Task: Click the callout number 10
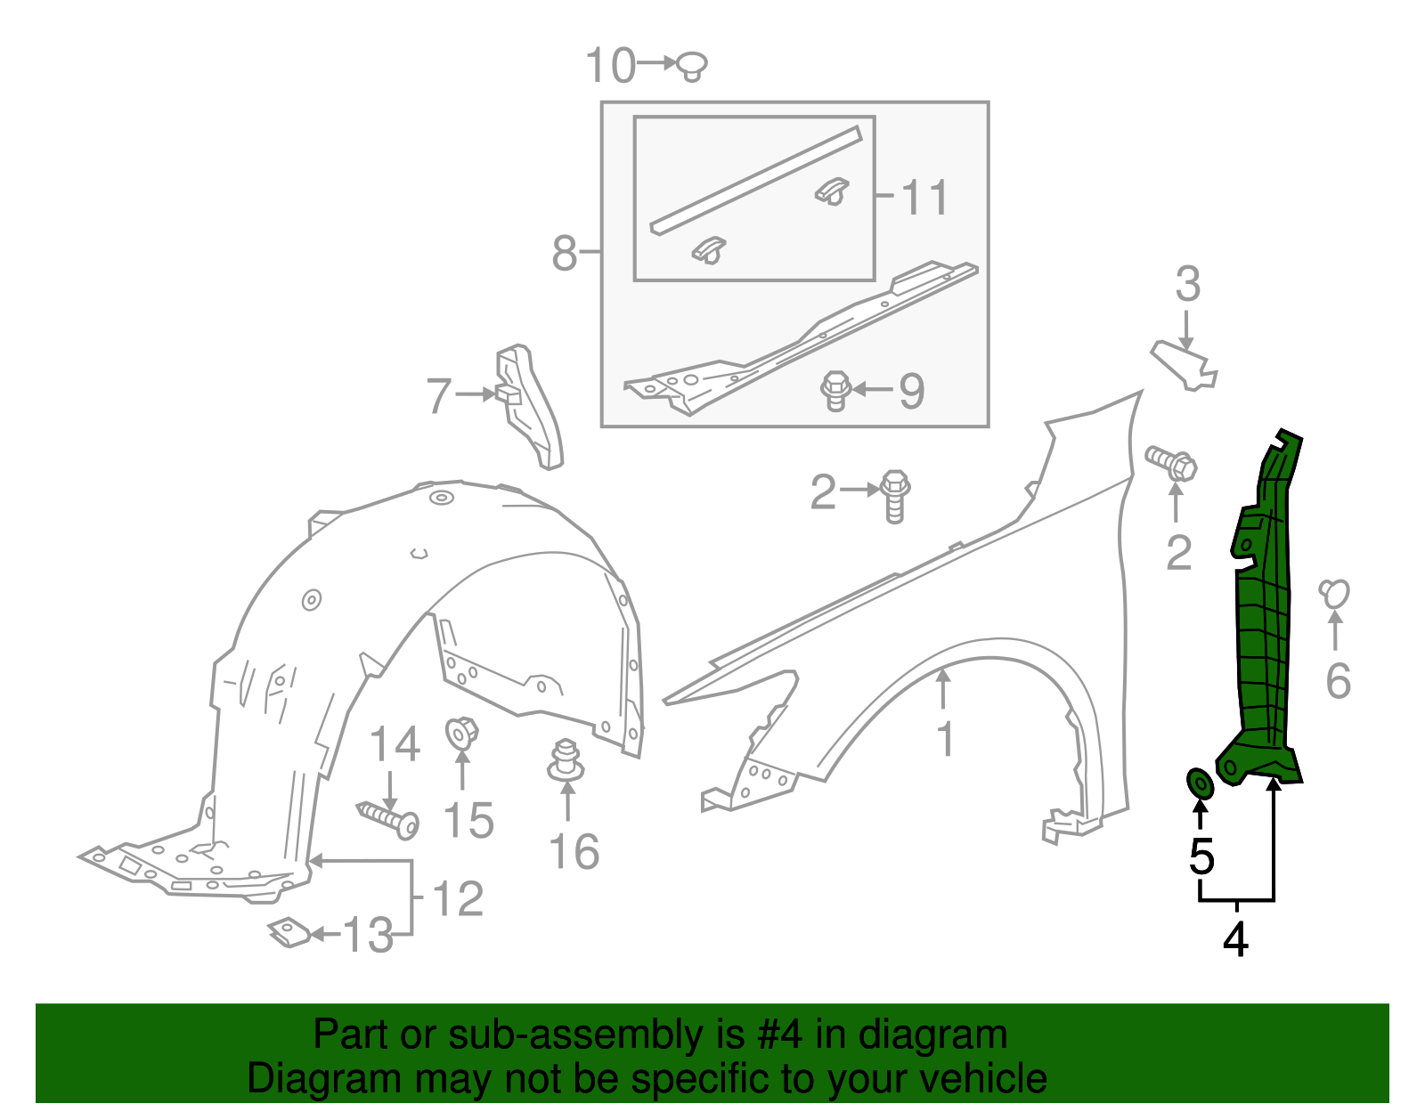pyautogui.click(x=610, y=66)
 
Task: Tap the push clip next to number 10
pyautogui.click(x=691, y=65)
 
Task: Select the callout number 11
pyautogui.click(x=924, y=198)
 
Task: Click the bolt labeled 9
pyautogui.click(x=835, y=390)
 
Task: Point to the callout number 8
pyautogui.click(x=566, y=253)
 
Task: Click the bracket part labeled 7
pyautogui.click(x=529, y=405)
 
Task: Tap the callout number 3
pyautogui.click(x=1187, y=285)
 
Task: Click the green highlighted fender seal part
pyautogui.click(x=1265, y=614)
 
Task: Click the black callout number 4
pyautogui.click(x=1235, y=940)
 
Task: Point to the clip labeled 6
pyautogui.click(x=1334, y=593)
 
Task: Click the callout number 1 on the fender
pyautogui.click(x=946, y=739)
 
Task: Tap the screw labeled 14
pyautogui.click(x=389, y=817)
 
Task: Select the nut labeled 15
pyautogui.click(x=460, y=733)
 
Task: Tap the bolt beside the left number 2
pyautogui.click(x=895, y=495)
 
